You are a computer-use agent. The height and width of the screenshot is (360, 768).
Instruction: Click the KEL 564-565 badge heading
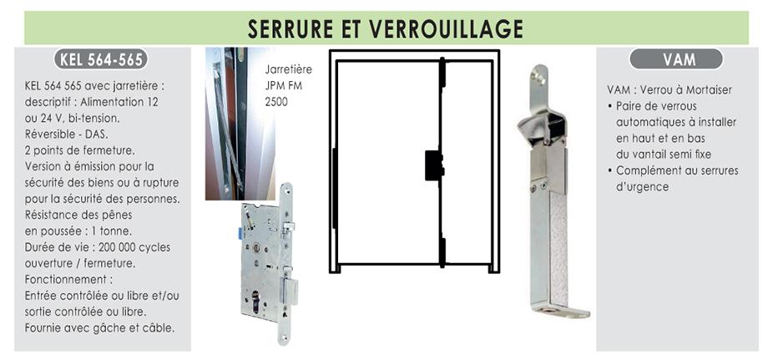pos(101,59)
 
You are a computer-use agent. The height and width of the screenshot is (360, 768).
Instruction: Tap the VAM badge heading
pos(676,59)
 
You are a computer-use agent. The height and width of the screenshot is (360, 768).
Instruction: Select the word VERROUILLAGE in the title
pos(447,28)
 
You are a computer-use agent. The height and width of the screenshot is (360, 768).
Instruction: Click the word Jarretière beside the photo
pos(289,69)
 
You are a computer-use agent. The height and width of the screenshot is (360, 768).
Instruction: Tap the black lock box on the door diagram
pos(433,165)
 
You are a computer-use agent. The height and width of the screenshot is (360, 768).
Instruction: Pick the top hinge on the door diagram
pos(442,73)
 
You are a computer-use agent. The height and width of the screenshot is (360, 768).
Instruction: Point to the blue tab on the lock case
pos(240,234)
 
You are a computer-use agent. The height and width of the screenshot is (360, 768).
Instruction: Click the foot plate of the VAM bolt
pos(561,310)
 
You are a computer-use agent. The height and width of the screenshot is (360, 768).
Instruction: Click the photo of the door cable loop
pos(240,124)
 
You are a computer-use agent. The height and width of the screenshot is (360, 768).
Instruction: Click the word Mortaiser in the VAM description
pos(709,90)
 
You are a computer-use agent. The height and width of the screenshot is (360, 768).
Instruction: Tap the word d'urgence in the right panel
pos(642,187)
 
